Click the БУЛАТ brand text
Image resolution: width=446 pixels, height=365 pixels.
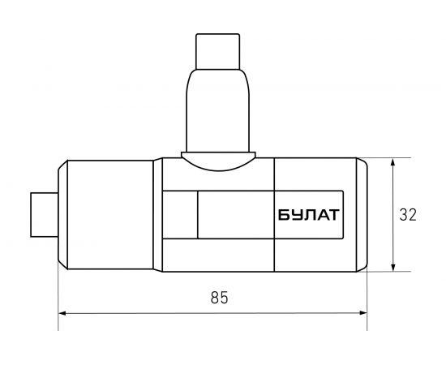tap(309, 215)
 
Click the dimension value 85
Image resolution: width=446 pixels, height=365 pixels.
tap(219, 298)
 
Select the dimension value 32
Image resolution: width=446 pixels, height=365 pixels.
tap(408, 215)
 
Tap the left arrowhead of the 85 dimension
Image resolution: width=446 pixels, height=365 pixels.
tap(62, 313)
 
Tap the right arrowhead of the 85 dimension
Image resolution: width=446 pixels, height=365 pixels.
tap(363, 313)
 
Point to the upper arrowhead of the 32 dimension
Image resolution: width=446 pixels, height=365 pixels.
tap(392, 162)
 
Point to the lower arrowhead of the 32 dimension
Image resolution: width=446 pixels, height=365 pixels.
tap(392, 268)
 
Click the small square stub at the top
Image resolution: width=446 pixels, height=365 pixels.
tap(218, 51)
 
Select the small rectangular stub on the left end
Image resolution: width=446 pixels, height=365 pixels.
tap(45, 215)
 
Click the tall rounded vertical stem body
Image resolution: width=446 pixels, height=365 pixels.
tap(218, 110)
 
